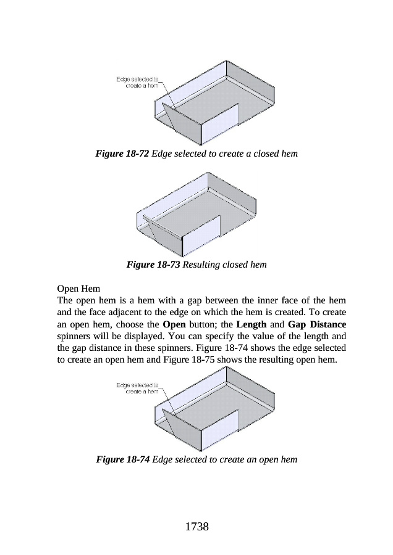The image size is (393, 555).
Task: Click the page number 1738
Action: point(196,527)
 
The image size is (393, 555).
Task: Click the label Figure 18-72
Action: point(122,152)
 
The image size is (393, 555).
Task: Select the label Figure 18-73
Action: point(153,265)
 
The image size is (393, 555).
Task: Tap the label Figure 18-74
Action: point(122,459)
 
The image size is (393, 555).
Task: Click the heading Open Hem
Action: point(78,289)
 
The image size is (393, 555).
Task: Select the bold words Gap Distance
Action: point(317,324)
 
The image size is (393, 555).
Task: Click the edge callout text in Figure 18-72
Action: point(138,82)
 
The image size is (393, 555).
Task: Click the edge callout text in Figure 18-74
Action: point(138,388)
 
